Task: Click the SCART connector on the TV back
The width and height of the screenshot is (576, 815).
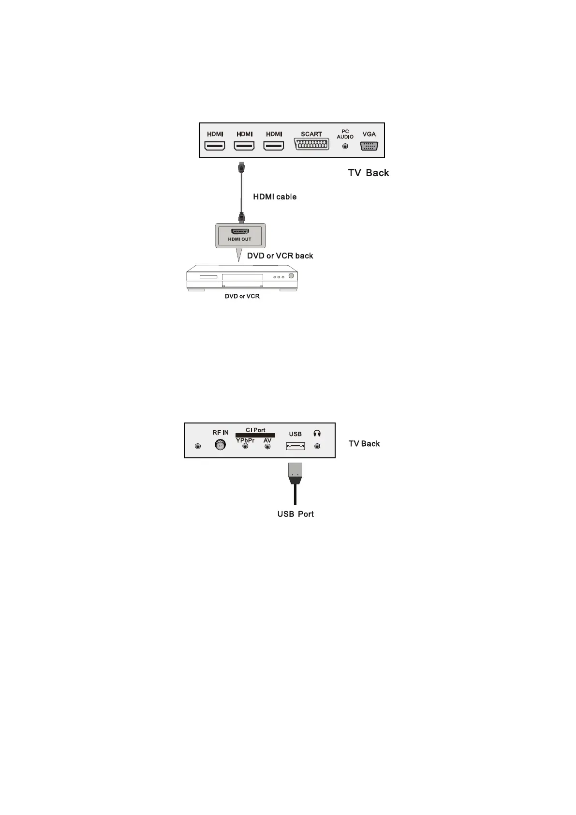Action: pyautogui.click(x=311, y=145)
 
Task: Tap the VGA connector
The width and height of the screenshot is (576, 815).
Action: pyautogui.click(x=369, y=146)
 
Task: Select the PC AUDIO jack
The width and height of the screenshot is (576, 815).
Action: pyautogui.click(x=345, y=146)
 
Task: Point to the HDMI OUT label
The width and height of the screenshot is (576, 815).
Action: pyautogui.click(x=240, y=239)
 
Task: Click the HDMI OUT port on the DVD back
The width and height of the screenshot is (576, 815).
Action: pyautogui.click(x=240, y=231)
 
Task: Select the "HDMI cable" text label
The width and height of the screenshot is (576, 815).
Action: pyautogui.click(x=275, y=197)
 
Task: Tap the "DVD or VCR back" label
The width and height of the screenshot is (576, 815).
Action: pyautogui.click(x=280, y=256)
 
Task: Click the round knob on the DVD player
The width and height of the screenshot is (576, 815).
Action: pyautogui.click(x=291, y=276)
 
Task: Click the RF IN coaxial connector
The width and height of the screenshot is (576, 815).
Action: pyautogui.click(x=221, y=445)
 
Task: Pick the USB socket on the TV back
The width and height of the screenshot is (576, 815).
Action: pyautogui.click(x=295, y=446)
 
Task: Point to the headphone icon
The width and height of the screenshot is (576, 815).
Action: pyautogui.click(x=317, y=434)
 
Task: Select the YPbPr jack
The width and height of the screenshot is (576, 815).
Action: pyautogui.click(x=245, y=446)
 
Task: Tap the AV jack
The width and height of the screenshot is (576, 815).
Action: pyautogui.click(x=267, y=447)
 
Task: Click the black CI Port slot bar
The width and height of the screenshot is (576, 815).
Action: pyautogui.click(x=255, y=436)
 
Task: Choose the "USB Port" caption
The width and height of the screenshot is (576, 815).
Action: pyautogui.click(x=295, y=514)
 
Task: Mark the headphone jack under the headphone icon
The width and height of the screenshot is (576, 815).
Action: pyautogui.click(x=317, y=447)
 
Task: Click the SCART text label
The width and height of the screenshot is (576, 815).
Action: pyautogui.click(x=311, y=134)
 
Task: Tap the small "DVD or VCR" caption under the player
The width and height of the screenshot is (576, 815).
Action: pyautogui.click(x=242, y=296)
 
